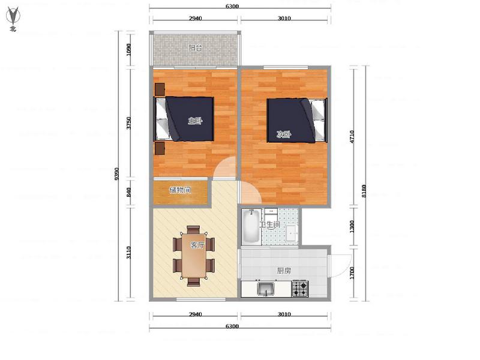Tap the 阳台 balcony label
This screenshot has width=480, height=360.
coord(195,48)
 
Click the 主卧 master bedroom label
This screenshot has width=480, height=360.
coord(196,121)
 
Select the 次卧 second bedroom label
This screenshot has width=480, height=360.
coord(283,134)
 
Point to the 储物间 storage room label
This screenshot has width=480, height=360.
coord(180,190)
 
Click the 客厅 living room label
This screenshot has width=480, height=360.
coord(197,245)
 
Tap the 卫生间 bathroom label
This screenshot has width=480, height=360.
coord(269,224)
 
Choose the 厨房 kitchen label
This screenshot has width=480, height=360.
coord(283,271)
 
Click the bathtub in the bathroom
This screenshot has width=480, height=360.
coord(251,226)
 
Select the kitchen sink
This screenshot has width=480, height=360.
coord(266,289)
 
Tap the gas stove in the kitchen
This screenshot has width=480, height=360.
coord(299,289)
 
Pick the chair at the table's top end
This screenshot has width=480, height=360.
coord(193,230)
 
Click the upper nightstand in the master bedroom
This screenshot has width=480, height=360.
coord(160,89)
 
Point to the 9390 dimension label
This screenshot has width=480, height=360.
coord(116,174)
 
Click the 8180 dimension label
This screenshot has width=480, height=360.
coord(364,191)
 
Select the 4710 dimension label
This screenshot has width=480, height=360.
coord(352,137)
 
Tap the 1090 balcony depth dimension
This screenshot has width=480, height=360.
coord(128,49)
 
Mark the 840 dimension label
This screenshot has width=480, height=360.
coord(128,192)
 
